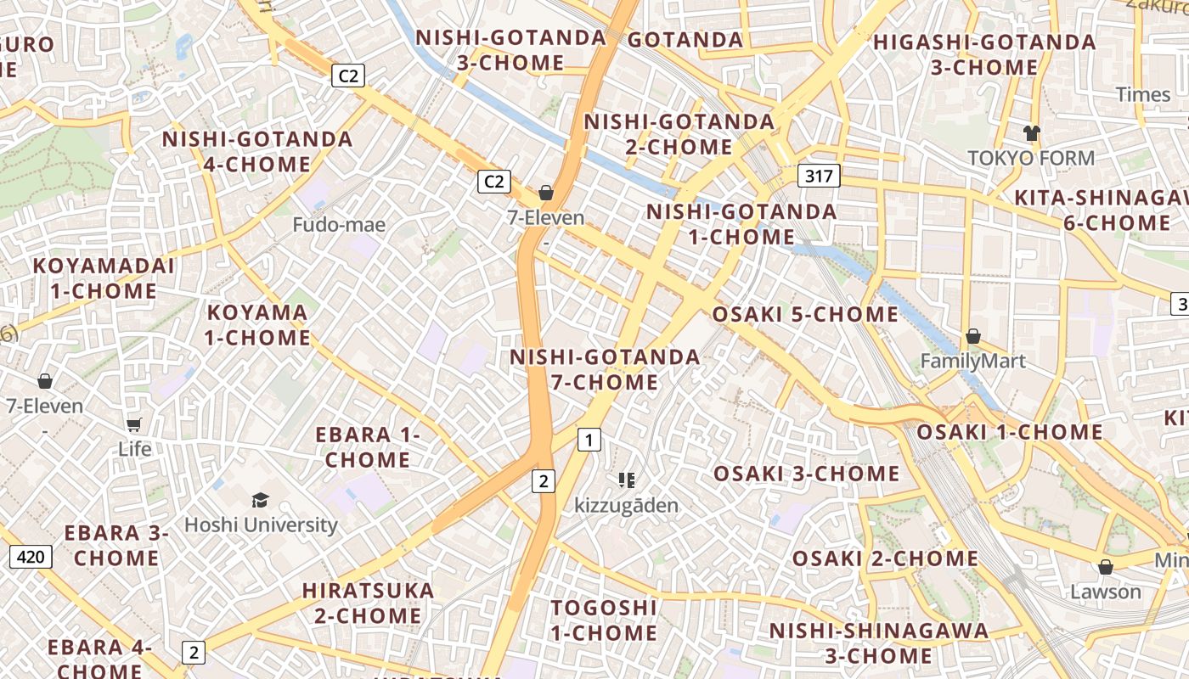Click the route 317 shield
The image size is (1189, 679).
click(819, 177)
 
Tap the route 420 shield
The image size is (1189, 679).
click(31, 557)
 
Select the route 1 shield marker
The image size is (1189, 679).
click(589, 440)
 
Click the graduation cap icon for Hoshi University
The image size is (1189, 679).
click(261, 501)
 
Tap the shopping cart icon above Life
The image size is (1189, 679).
click(134, 424)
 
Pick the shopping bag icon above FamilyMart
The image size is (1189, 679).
click(973, 337)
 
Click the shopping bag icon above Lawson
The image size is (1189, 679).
click(1105, 567)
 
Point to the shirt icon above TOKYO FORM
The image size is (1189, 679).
click(1031, 133)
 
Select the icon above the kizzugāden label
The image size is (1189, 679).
click(627, 481)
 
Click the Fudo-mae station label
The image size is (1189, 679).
click(339, 225)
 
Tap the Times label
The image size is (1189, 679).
click(1143, 94)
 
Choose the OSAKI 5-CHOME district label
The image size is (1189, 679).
click(805, 315)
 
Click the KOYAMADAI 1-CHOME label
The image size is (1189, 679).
click(104, 278)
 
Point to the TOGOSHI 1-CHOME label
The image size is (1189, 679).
click(604, 620)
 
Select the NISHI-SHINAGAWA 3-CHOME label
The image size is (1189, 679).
click(879, 643)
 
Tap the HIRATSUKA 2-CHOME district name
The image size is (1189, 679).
click(368, 603)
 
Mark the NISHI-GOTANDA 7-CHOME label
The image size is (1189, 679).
click(605, 369)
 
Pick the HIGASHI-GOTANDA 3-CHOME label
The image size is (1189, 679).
click(984, 54)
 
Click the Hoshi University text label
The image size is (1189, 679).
click(261, 525)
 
